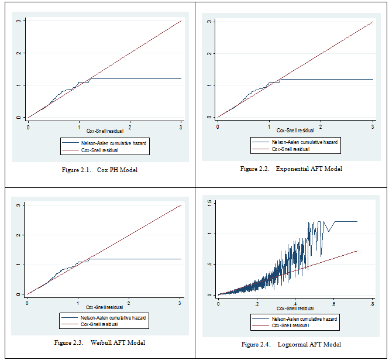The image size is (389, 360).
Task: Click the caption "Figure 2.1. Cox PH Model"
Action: (99, 170)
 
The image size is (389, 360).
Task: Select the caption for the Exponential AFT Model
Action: (291, 169)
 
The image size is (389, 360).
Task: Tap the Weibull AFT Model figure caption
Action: (99, 342)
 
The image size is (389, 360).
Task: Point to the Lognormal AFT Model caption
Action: (291, 344)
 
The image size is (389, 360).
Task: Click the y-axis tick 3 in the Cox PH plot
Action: (19, 21)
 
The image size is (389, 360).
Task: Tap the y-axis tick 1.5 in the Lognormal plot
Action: (209, 203)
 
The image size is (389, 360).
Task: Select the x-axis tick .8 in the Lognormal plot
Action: (372, 304)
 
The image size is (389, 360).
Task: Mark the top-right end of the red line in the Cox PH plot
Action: (181, 21)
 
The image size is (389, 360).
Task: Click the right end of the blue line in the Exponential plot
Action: (373, 79)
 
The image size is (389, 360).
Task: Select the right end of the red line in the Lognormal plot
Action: (357, 251)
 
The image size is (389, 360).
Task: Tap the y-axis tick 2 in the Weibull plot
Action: (19, 235)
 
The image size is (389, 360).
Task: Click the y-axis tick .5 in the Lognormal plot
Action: (209, 264)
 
